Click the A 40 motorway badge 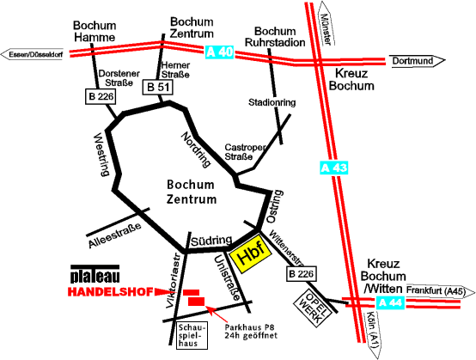coord(219,52)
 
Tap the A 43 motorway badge coord(333,168)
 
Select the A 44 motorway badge coord(390,302)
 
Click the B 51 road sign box coord(157,88)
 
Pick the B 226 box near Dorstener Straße coord(101,96)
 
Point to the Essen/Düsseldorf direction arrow coord(32,55)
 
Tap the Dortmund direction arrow coord(417,61)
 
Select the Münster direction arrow coord(326,23)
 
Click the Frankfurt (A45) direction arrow coord(440,291)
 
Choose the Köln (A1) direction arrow coord(373,334)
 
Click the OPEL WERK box coord(313,308)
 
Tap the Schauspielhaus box coord(192,335)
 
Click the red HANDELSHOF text coord(110,292)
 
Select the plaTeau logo coord(95,273)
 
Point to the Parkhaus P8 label coord(251,332)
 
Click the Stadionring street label coord(272,102)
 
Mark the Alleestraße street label coord(115,235)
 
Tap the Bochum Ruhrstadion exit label coord(275,37)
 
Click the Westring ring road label coord(101,154)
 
